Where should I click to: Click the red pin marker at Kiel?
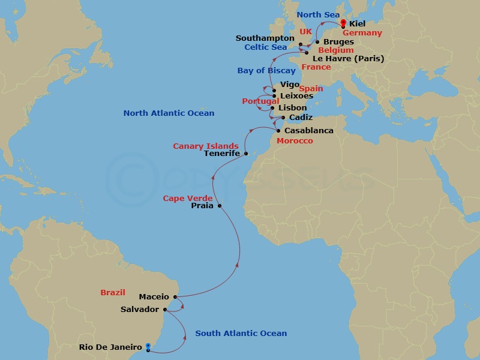click(x=343, y=23)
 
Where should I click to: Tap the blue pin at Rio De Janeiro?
click(x=148, y=346)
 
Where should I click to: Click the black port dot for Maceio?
click(x=175, y=296)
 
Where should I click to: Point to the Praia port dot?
click(x=220, y=206)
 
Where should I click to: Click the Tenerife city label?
click(x=222, y=154)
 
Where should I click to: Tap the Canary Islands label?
click(x=206, y=146)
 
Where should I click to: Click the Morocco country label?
click(x=294, y=141)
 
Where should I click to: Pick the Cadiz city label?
click(x=301, y=118)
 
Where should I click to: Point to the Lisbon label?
click(x=293, y=108)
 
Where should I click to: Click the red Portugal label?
click(x=260, y=101)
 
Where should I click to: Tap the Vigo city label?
click(x=290, y=85)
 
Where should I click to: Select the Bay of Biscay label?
click(x=266, y=71)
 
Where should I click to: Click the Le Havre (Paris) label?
click(x=348, y=59)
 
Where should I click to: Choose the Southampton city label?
click(x=266, y=38)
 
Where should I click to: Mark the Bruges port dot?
click(x=317, y=42)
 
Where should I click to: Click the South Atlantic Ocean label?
click(x=241, y=334)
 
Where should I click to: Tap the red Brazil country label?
click(x=113, y=293)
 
